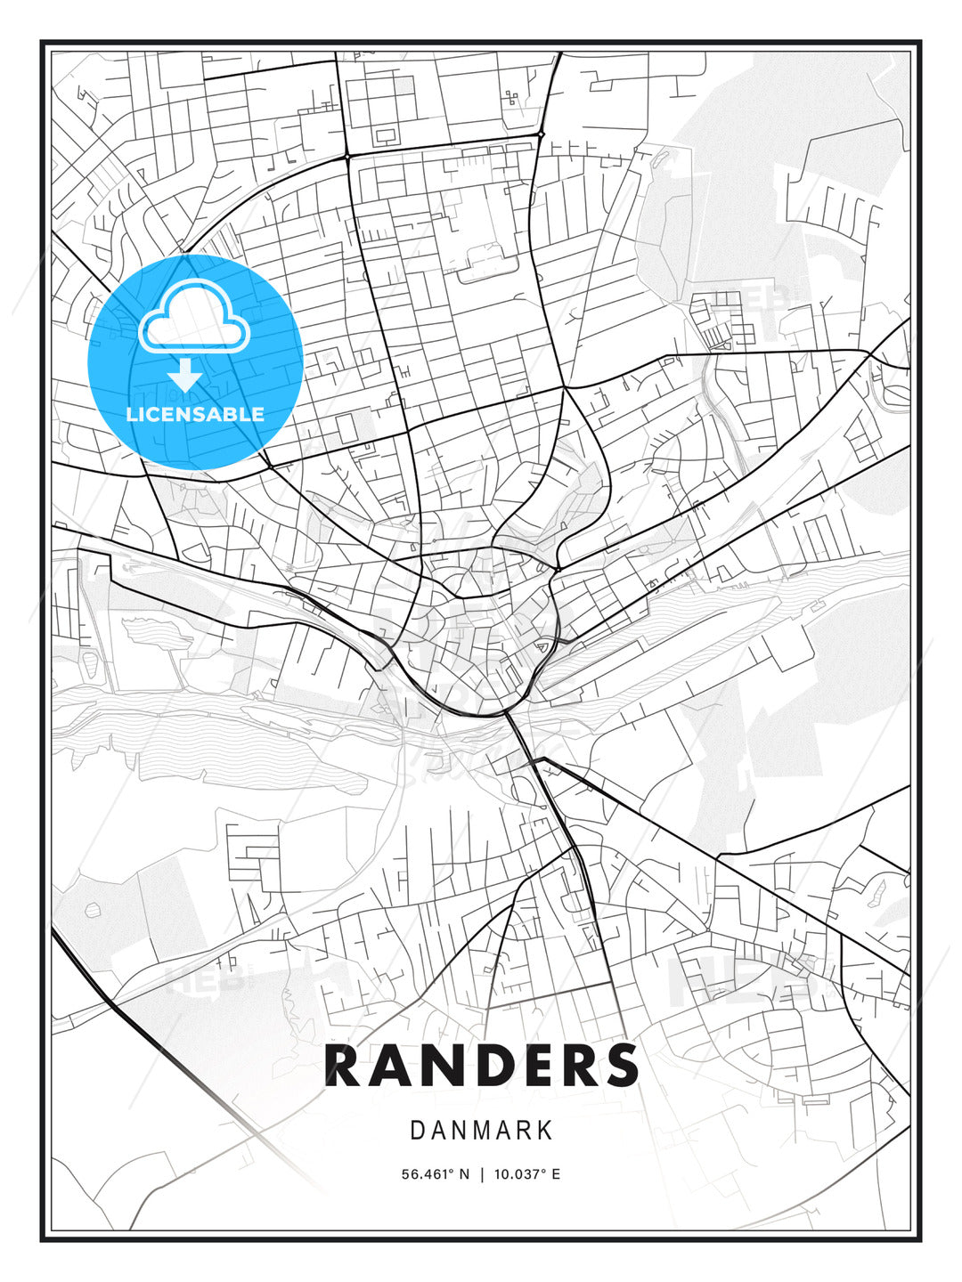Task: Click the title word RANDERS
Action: pos(481,1066)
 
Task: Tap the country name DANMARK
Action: pos(481,1131)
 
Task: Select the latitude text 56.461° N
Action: pos(435,1174)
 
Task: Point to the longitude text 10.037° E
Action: pos(526,1174)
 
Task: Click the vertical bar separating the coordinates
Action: pos(481,1174)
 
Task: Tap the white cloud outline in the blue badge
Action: pos(194,318)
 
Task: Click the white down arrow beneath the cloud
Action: pos(185,375)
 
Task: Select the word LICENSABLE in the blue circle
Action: pos(195,414)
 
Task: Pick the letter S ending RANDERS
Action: pos(621,1066)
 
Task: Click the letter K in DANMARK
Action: pos(544,1131)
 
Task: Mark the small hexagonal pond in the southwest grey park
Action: pos(92,911)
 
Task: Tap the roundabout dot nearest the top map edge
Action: pos(541,134)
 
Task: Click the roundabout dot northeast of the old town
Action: pos(557,569)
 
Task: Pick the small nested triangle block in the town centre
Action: pos(540,648)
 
